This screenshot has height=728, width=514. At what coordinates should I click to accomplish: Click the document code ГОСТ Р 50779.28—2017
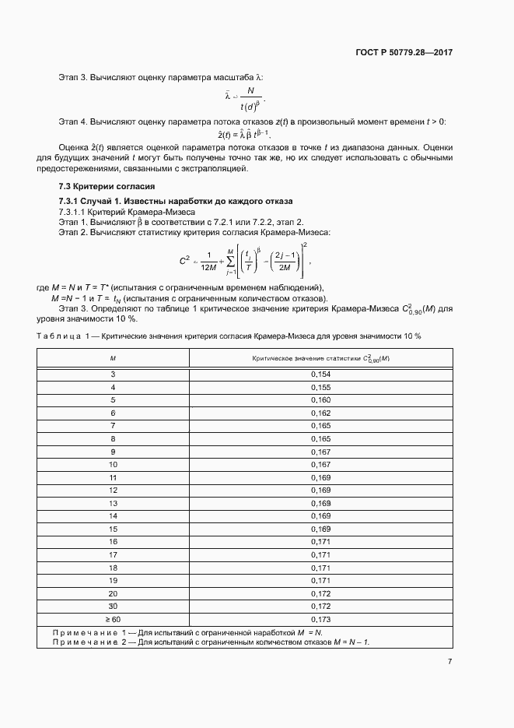click(x=404, y=52)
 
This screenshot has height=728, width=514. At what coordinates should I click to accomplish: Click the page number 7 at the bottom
click(x=449, y=661)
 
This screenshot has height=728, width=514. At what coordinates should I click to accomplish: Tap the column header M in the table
click(x=113, y=357)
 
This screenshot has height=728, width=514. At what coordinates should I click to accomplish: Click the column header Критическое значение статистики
click(x=320, y=357)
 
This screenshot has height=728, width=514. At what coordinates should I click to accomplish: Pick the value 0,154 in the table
click(x=320, y=375)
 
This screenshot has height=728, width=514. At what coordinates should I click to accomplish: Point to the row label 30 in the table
click(x=113, y=605)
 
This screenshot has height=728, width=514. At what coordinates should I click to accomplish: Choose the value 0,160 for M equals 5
click(x=320, y=400)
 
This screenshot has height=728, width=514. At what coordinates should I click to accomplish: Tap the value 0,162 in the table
click(x=320, y=413)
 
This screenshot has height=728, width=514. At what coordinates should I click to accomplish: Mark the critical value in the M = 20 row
click(x=320, y=593)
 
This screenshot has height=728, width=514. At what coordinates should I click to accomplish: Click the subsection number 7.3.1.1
click(x=75, y=212)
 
